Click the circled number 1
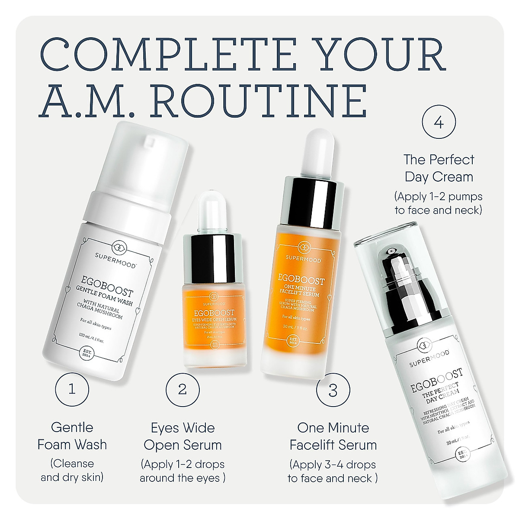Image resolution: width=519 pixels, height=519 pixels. click(x=72, y=389)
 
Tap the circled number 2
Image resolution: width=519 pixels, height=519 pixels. click(x=183, y=389)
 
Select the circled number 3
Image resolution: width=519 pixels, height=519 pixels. click(x=333, y=390)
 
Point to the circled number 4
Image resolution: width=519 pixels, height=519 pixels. click(x=439, y=123)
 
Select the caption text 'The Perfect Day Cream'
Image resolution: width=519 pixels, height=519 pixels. click(x=439, y=168)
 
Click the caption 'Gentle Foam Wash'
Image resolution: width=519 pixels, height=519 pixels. click(x=72, y=436)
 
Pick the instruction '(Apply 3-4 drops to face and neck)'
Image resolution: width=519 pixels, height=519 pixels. click(x=333, y=471)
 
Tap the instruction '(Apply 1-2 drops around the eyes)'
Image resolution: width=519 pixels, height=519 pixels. click(x=183, y=471)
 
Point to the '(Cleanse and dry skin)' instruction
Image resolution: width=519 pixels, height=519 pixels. click(x=72, y=470)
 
